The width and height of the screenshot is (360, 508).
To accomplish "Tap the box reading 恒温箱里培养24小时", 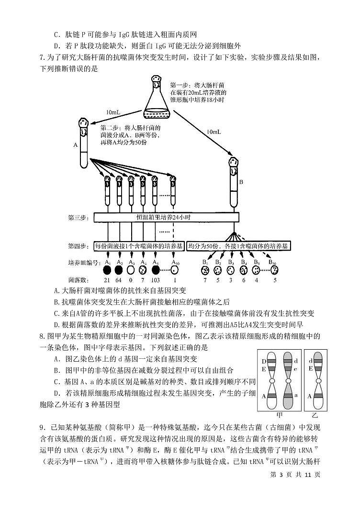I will (x=164, y=218).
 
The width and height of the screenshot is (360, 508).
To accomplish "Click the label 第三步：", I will (x=78, y=218).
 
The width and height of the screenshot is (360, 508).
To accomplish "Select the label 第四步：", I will (x=78, y=246).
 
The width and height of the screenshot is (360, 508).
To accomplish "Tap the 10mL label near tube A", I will (x=113, y=112).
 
